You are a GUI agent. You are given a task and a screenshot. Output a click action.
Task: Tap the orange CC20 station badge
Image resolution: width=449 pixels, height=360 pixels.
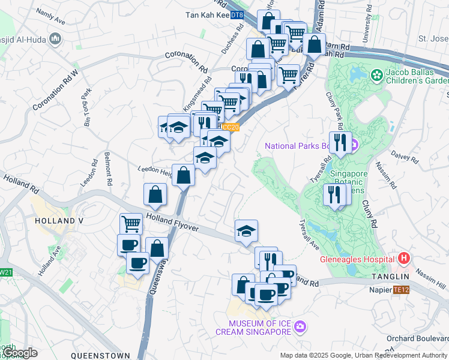231,127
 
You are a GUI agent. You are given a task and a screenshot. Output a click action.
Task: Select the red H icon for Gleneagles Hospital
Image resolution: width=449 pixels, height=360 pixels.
404,259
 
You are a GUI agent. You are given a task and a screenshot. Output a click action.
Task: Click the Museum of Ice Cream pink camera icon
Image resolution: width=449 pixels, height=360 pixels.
300,326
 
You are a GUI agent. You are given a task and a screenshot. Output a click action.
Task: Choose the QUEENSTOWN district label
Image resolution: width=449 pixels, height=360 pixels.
100,355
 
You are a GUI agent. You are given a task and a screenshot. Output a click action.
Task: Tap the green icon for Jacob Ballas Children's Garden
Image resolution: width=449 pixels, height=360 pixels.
376,76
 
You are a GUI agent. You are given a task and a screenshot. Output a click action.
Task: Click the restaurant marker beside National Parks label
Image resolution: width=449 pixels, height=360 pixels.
339,142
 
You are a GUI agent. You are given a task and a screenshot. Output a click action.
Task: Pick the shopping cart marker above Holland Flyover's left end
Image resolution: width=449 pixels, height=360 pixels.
131,224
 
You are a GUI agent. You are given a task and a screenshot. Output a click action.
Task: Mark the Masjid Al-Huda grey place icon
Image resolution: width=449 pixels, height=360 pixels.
56,39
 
